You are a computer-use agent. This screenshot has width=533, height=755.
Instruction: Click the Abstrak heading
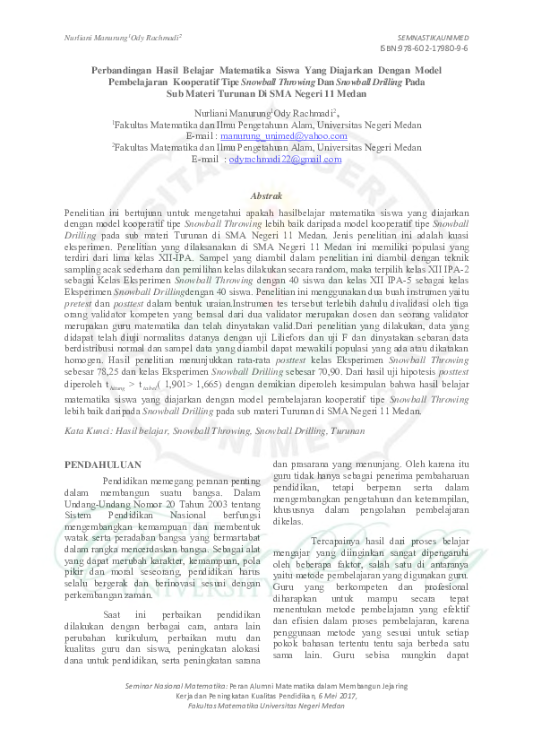(x=266, y=195)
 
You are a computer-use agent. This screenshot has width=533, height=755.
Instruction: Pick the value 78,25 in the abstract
(x=112, y=368)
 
